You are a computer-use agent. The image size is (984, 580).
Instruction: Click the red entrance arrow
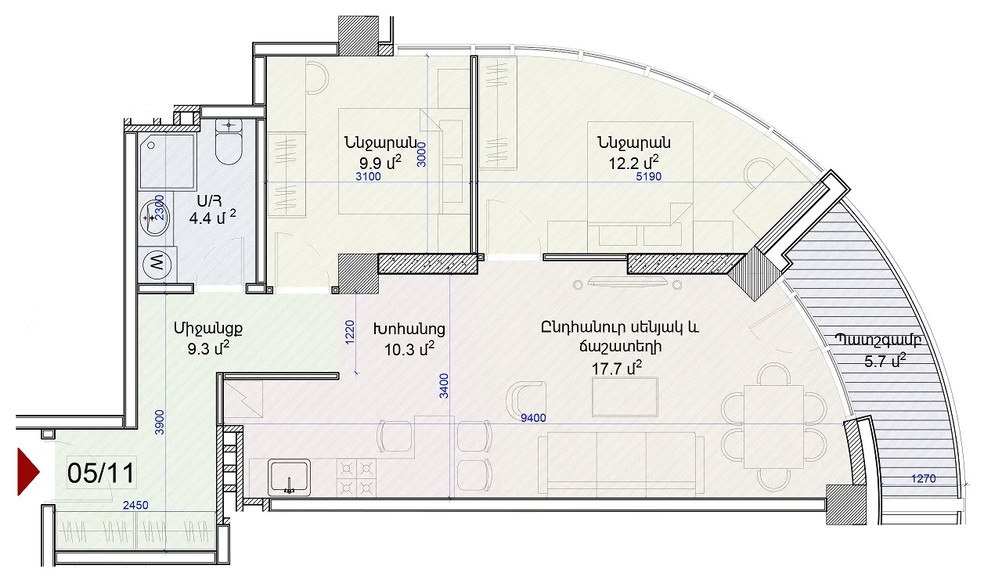click(x=27, y=472)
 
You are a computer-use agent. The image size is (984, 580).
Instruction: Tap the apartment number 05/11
click(x=101, y=474)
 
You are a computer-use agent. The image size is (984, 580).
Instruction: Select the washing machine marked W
click(x=157, y=263)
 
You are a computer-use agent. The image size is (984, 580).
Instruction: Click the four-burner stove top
click(x=356, y=477)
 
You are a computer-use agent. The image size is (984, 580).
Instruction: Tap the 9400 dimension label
click(x=533, y=418)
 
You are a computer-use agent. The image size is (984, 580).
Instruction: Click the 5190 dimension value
click(x=649, y=177)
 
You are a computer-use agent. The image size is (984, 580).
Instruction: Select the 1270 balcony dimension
click(x=924, y=478)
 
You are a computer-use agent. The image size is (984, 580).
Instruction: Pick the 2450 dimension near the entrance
click(x=135, y=506)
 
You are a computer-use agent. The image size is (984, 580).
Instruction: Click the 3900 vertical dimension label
click(x=160, y=423)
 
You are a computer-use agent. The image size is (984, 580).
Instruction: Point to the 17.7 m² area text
click(x=617, y=368)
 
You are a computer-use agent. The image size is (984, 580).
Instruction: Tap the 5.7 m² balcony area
click(x=885, y=361)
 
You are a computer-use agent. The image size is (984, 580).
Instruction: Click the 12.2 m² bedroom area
click(x=633, y=163)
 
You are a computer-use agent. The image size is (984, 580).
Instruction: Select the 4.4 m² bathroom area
click(x=212, y=218)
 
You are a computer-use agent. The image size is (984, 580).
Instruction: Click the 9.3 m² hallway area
click(x=208, y=349)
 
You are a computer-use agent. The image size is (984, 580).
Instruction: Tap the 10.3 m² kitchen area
click(x=409, y=349)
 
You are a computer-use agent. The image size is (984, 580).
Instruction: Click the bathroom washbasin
click(x=154, y=218)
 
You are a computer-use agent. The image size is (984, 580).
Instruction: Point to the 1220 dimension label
click(x=350, y=333)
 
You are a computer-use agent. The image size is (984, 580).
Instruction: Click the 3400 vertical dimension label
click(x=444, y=386)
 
